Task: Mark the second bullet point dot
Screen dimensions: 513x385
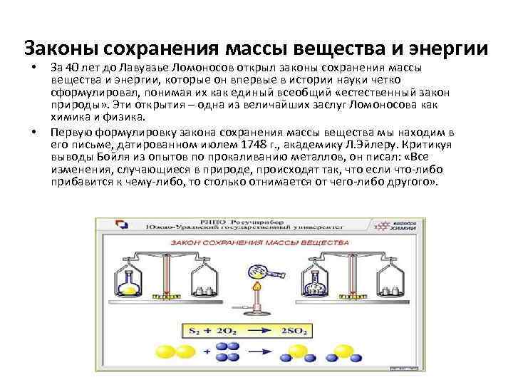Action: pos(33,133)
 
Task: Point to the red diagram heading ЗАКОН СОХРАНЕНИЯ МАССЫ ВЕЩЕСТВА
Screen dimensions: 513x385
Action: pos(254,242)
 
